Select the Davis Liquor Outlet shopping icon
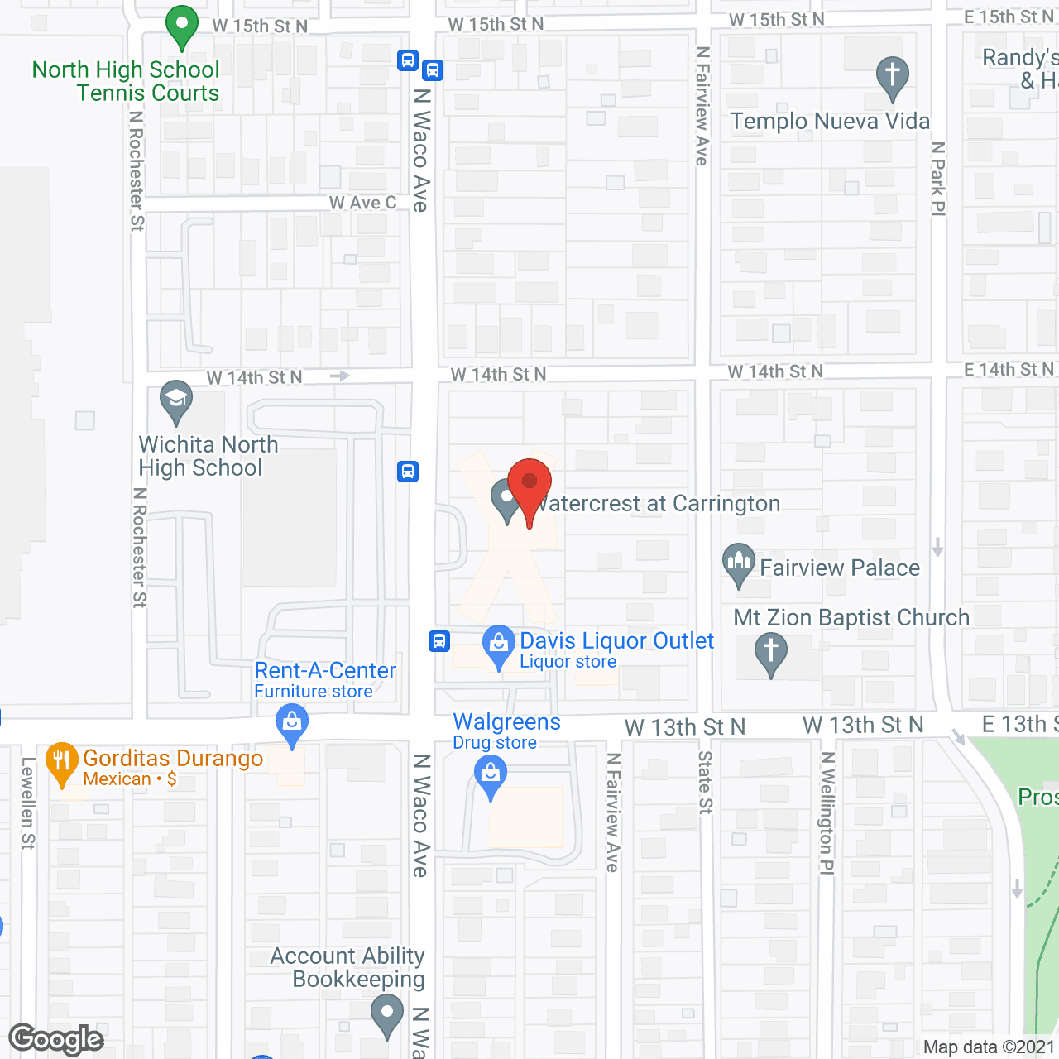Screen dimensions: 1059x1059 pyautogui.click(x=498, y=644)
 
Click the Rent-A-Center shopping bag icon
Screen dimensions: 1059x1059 pyautogui.click(x=291, y=723)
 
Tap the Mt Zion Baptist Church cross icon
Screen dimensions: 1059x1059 pyautogui.click(x=771, y=652)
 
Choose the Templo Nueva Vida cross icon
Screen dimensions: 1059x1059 pyautogui.click(x=893, y=75)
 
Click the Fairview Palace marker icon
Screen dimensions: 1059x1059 pyautogui.click(x=739, y=563)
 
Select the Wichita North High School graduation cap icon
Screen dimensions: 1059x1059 pyautogui.click(x=176, y=400)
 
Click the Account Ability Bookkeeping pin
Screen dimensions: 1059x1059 pyautogui.click(x=386, y=1013)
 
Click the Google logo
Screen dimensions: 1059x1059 pyautogui.click(x=56, y=1039)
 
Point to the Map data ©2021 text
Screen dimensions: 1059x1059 pyautogui.click(x=989, y=1047)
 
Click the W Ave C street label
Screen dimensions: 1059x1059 pyautogui.click(x=362, y=203)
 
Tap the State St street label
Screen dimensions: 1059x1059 pyautogui.click(x=705, y=782)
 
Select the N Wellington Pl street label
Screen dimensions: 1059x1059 pyautogui.click(x=827, y=812)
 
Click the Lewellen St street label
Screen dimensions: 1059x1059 pyautogui.click(x=28, y=803)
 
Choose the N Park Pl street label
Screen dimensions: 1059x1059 pyautogui.click(x=937, y=178)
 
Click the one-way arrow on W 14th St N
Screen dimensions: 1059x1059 pyautogui.click(x=339, y=376)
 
